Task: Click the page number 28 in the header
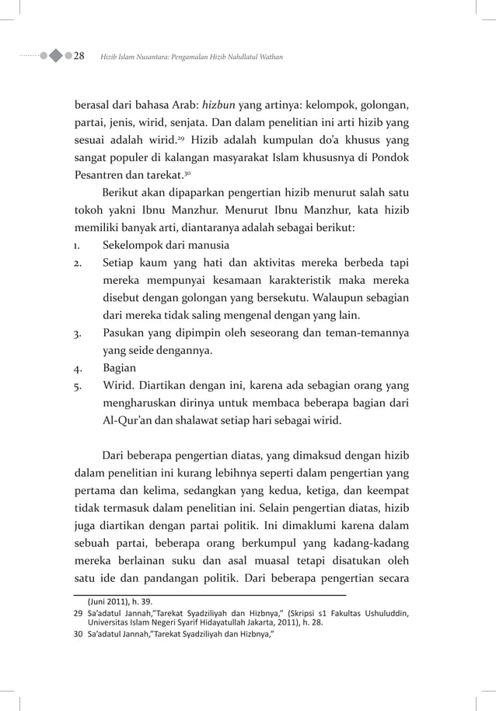(79, 57)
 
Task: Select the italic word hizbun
(220, 104)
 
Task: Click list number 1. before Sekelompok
(78, 246)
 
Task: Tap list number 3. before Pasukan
(78, 334)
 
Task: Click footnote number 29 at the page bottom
(78, 614)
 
